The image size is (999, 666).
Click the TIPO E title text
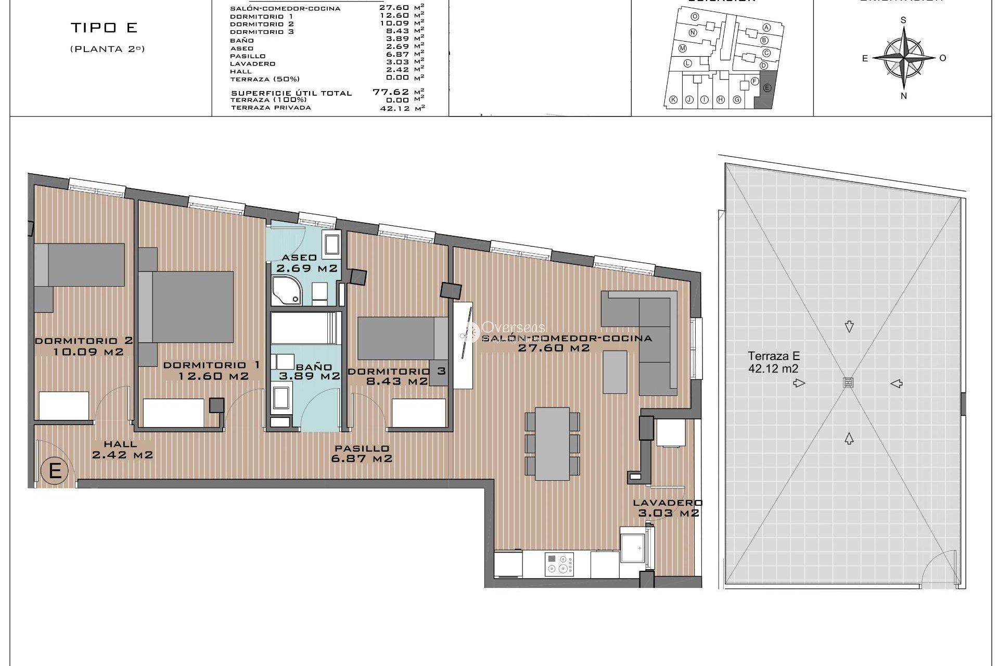[x=104, y=28]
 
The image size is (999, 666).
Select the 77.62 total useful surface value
[x=390, y=92]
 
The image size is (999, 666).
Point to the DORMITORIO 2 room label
[x=83, y=341]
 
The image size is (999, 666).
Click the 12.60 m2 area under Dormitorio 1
[x=213, y=376]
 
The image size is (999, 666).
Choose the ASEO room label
[x=299, y=258]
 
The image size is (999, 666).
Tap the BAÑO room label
[x=314, y=367]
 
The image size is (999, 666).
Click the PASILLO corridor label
[x=362, y=448]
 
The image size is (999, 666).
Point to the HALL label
[x=120, y=444]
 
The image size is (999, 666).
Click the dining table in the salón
[x=552, y=443]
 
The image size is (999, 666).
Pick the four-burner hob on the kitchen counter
[x=559, y=564]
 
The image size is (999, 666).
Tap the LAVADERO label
[x=668, y=503]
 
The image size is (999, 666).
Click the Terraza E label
[x=774, y=356]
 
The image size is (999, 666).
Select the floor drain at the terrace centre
[x=849, y=383]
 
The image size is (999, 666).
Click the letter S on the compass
[x=903, y=20]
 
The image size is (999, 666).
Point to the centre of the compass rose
[x=904, y=57]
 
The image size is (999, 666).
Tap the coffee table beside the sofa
[x=615, y=372]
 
